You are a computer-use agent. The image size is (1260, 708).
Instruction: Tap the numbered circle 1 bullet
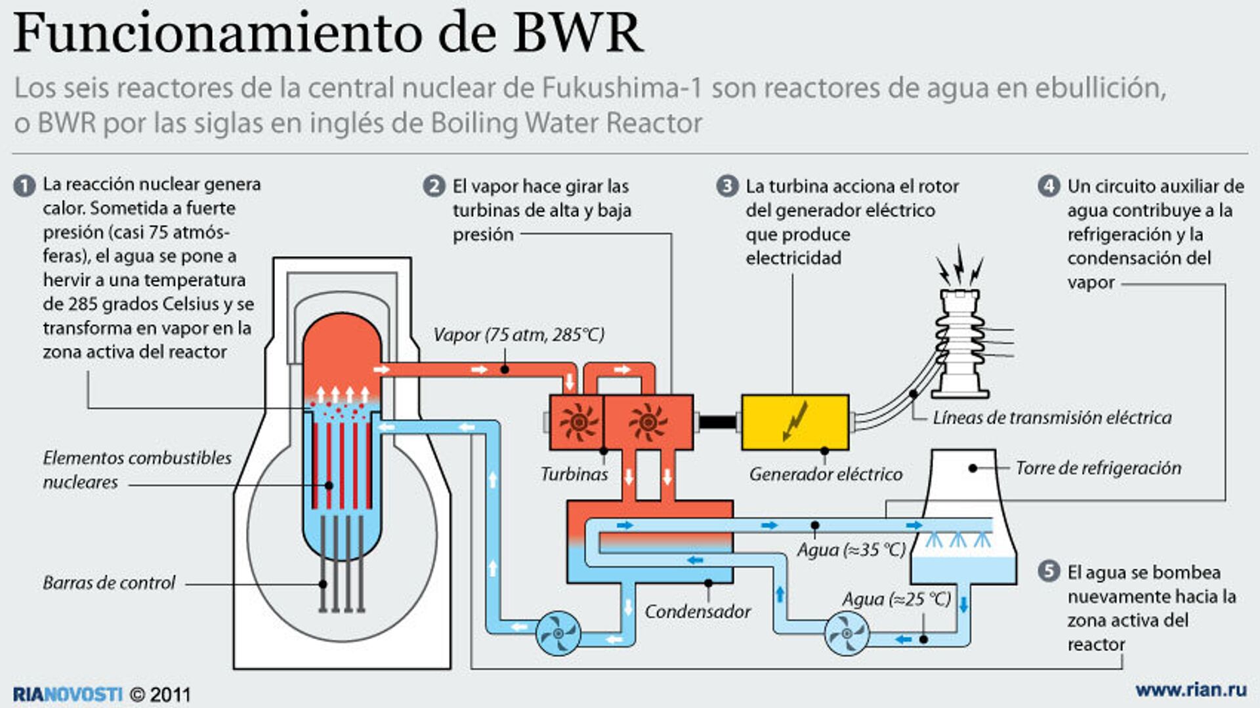click(x=24, y=186)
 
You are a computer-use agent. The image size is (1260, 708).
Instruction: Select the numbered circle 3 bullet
click(x=726, y=186)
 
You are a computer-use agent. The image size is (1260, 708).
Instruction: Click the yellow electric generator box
click(x=795, y=422)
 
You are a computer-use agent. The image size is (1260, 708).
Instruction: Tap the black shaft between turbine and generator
click(x=717, y=421)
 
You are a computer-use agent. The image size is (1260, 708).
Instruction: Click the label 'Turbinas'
click(x=574, y=474)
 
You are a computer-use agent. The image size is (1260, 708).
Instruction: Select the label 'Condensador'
click(x=697, y=612)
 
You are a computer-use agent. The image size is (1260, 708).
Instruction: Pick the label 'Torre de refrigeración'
click(x=1098, y=468)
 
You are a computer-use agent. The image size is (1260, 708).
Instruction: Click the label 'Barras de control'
click(x=109, y=583)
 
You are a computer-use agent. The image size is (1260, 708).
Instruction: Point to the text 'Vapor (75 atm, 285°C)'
click(x=518, y=335)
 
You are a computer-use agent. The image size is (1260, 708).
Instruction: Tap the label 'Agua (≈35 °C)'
click(x=851, y=550)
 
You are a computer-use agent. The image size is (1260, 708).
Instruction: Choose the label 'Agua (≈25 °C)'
click(x=896, y=599)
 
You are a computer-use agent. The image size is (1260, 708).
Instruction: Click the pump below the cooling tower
click(x=847, y=633)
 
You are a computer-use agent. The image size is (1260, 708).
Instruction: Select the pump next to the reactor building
click(x=558, y=633)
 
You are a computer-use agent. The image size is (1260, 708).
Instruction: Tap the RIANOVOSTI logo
click(x=68, y=694)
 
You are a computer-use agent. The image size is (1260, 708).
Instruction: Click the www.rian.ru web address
click(x=1190, y=690)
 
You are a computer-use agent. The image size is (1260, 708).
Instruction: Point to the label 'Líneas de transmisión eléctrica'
click(x=1052, y=417)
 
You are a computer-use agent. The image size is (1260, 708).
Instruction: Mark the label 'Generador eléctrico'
click(x=826, y=474)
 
